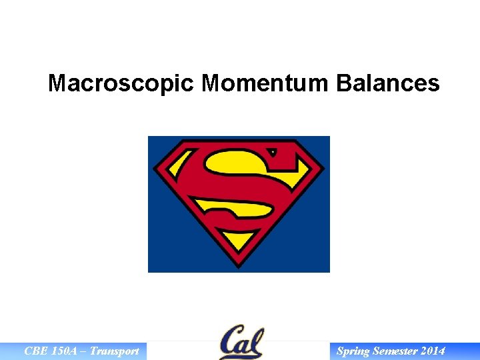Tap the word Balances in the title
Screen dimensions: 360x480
[388, 83]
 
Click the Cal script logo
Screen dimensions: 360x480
[241, 342]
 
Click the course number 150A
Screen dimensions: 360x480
[67, 351]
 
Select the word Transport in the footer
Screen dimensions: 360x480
[114, 351]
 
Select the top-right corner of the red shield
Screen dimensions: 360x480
[295, 142]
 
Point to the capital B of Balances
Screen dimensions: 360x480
[345, 83]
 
